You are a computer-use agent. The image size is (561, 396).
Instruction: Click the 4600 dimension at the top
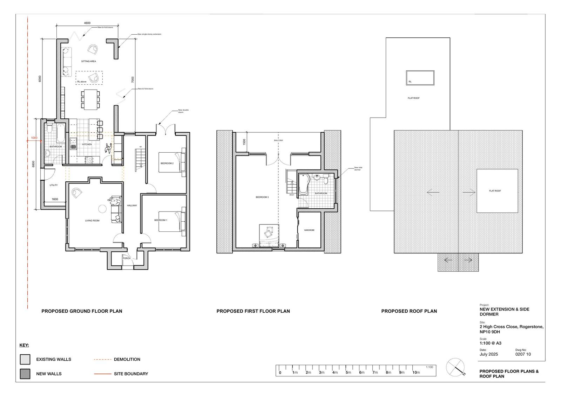(87, 23)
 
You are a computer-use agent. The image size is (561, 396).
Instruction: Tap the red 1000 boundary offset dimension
(34, 138)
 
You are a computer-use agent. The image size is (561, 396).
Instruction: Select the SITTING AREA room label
(88, 61)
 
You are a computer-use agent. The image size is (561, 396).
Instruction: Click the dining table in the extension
(90, 99)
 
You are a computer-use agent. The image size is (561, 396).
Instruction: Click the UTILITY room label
(54, 185)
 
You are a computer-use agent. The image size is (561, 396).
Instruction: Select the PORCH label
(127, 258)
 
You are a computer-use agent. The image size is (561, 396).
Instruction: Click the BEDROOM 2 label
(167, 163)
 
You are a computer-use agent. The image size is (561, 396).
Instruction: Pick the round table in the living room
(102, 209)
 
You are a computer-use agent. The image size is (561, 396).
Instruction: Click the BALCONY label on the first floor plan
(278, 140)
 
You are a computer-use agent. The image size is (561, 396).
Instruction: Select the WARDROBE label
(309, 230)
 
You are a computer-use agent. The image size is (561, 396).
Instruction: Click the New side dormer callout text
(358, 168)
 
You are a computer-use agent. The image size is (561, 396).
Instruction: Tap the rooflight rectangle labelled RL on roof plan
(420, 78)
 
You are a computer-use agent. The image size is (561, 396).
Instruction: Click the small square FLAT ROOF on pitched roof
(497, 191)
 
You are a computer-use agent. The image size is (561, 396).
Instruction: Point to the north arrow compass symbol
(455, 367)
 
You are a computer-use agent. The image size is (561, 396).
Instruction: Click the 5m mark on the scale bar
(348, 372)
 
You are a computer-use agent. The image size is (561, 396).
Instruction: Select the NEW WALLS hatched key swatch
(25, 374)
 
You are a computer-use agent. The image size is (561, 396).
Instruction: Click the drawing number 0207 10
(523, 354)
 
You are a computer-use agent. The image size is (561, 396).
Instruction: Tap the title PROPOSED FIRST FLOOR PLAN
(253, 311)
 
